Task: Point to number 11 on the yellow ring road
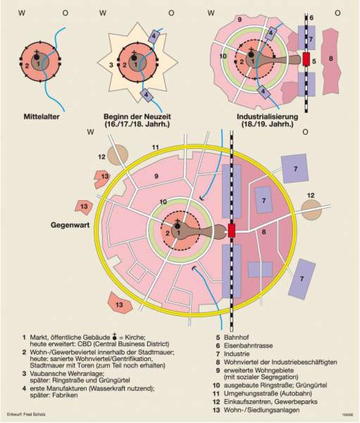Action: [x=155, y=147]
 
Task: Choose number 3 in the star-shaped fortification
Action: [x=112, y=65]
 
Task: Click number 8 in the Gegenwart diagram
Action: [x=264, y=232]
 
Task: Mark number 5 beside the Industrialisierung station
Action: [x=314, y=61]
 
